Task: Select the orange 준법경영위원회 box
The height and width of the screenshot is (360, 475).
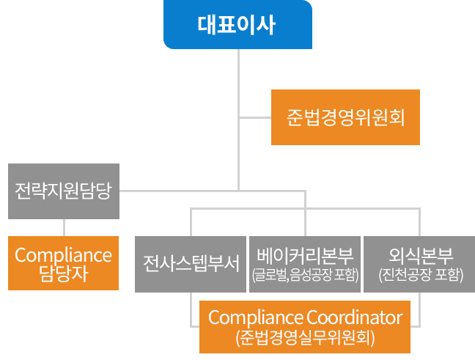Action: pos(346,117)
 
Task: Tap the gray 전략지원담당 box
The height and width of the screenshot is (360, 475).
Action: pos(63,191)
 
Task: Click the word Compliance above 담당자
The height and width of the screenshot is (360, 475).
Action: pos(63,255)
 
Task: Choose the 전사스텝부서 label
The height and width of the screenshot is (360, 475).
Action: pos(192,262)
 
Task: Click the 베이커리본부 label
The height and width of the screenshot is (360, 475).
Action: pos(306,256)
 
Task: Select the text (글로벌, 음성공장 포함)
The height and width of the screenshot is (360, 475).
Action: pos(306,276)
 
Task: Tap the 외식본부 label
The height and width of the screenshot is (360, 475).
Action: pos(421,256)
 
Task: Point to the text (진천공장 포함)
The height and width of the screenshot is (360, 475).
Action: pos(421,276)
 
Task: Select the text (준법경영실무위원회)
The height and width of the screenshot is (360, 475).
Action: pos(306,338)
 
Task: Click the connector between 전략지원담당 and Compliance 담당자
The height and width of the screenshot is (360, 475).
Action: pos(64,227)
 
